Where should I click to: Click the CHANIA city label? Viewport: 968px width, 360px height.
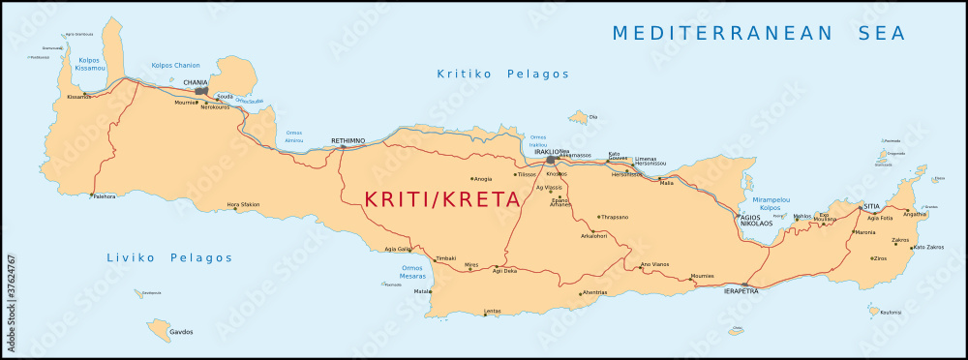[196, 82]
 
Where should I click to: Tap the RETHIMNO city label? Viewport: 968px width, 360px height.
[348, 140]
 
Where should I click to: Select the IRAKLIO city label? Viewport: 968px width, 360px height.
[547, 152]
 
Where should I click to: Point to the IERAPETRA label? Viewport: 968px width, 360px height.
[741, 289]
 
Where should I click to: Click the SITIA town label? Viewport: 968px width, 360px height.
[873, 206]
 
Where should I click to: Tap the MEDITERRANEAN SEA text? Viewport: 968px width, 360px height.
[758, 33]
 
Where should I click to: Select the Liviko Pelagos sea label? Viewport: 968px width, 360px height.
[169, 258]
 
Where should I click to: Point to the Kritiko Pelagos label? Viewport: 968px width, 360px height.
[502, 74]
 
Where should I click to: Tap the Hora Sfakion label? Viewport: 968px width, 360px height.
[243, 204]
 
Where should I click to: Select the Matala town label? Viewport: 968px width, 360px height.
[422, 290]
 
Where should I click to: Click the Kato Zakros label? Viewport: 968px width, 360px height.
[927, 248]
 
